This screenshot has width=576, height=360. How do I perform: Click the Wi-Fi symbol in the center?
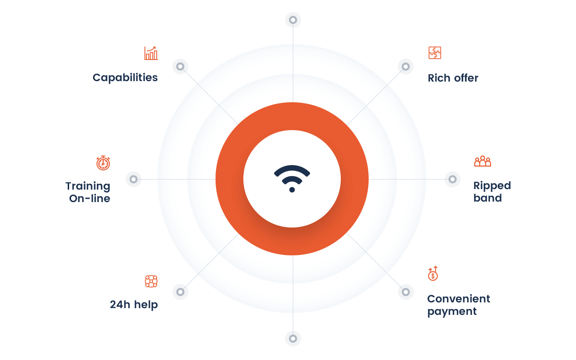pos(292,179)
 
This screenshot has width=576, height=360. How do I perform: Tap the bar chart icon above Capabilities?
pos(151,53)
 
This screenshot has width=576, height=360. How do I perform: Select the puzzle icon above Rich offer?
pos(434,53)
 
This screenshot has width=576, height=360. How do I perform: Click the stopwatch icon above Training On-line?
pos(103,163)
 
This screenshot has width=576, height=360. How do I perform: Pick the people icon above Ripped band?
pos(482,161)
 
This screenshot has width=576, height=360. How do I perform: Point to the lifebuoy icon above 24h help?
pos(151,281)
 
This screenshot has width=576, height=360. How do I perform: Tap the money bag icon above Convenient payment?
pos(433,273)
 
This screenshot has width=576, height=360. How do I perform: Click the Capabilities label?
pos(125,78)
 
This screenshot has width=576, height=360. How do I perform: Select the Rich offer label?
pos(453,78)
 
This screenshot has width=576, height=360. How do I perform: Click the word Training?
pos(88,186)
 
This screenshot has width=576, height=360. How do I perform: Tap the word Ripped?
pos(492,186)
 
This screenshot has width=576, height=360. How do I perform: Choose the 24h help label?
pos(134,304)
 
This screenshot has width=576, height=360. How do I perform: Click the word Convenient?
pos(459,299)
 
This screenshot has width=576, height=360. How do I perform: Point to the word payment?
pos(452,312)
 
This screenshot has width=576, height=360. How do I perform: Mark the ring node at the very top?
pos(293,20)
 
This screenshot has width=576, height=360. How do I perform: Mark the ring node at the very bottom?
pos(293,338)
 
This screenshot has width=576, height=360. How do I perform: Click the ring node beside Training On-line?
pos(133,179)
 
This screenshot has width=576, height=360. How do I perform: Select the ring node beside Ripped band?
pos(453,179)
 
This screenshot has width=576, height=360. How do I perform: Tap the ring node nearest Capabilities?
pos(180,66)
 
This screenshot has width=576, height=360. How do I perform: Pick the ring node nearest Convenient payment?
pos(406,292)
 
